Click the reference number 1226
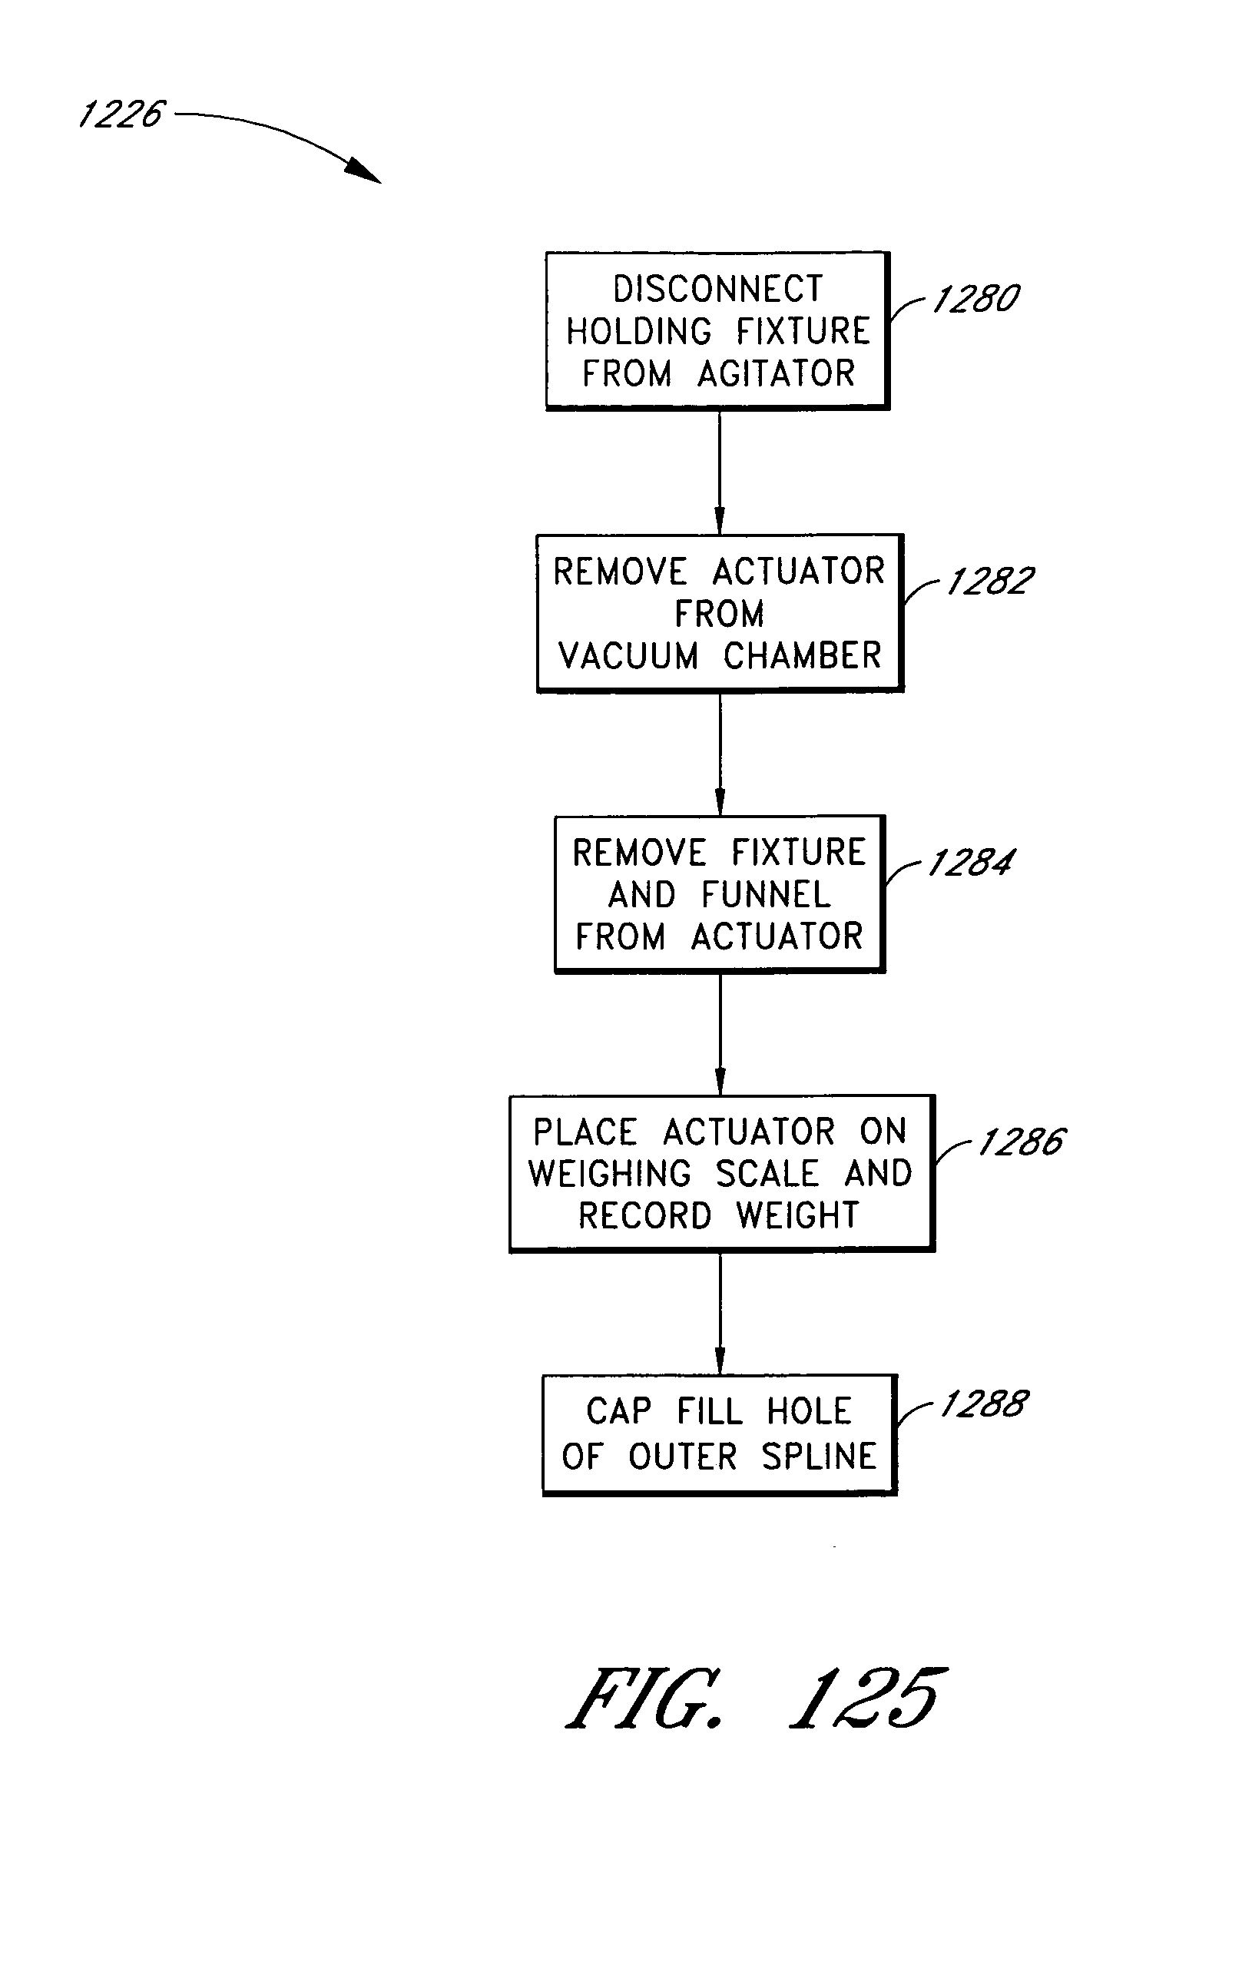[x=121, y=114]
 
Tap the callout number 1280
[x=975, y=299]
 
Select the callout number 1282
[x=990, y=582]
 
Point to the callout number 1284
[x=970, y=863]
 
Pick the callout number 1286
[x=1021, y=1142]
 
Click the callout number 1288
[x=982, y=1404]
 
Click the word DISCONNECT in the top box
[x=718, y=289]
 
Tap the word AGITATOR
[x=777, y=373]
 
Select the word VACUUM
[x=628, y=656]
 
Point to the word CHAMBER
[x=802, y=656]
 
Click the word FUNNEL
[x=766, y=894]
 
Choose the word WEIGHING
[x=610, y=1174]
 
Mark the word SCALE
[x=767, y=1174]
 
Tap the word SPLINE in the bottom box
[x=819, y=1457]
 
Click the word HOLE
[x=809, y=1412]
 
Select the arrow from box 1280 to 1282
[x=720, y=472]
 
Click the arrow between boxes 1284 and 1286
[x=720, y=1033]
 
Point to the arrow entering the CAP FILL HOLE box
[x=720, y=1314]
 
